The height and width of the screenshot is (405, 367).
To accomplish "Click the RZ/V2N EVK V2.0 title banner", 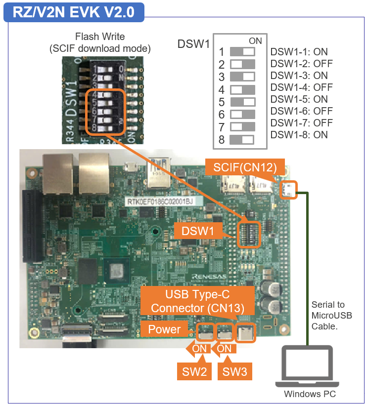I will coord(74,12).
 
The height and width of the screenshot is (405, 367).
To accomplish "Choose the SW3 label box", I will coord(234,370).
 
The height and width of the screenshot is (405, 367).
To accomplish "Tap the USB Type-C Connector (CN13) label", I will coord(198,301).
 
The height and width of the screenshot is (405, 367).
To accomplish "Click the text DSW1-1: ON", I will coord(299,52).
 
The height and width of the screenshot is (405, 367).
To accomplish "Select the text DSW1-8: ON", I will coord(299,135).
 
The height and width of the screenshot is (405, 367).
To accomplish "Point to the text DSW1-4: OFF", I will coord(301,87).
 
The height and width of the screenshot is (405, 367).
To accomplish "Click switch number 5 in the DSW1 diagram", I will coord(242,102).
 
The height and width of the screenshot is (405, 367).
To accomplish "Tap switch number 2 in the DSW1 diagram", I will coord(242,64).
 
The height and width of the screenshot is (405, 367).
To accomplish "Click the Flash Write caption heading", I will coord(100,37).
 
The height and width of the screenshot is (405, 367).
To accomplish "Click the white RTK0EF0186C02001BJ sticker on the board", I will coord(157,201).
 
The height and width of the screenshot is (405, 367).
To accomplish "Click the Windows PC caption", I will coord(310,394).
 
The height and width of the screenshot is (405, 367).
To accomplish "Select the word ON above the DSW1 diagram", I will coord(255,41).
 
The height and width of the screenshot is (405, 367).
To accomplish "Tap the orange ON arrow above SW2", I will coord(197,348).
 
